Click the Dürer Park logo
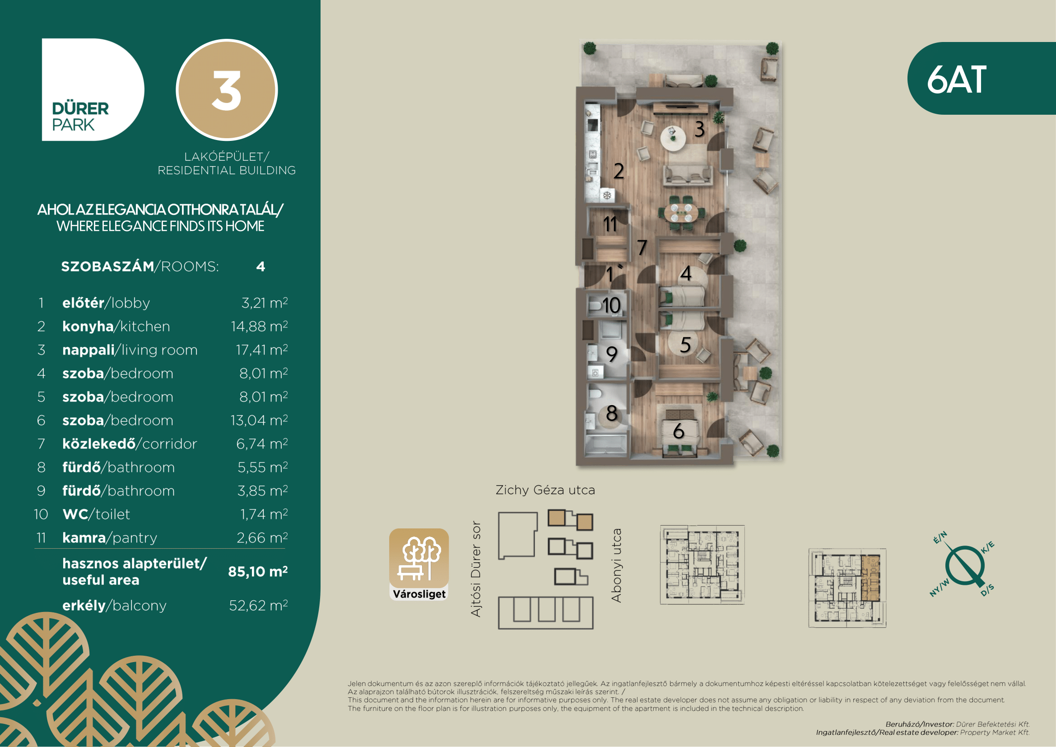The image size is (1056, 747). pos(93,90)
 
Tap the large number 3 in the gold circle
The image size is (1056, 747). pos(226,91)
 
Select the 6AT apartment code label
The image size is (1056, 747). pos(957,79)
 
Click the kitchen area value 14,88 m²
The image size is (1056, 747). pos(260,326)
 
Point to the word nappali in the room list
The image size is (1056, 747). pos(88,350)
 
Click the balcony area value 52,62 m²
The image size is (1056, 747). pos(259,605)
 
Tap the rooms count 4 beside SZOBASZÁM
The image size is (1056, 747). pos(261,267)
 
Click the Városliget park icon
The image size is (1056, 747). pos(419,564)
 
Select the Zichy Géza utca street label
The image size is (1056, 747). pos(545,490)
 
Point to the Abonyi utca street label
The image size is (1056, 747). pos(616,565)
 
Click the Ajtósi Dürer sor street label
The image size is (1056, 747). pos(476,569)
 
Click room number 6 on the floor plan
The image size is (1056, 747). pos(679,431)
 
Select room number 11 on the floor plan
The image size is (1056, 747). pos(610,224)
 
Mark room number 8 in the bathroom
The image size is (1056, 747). pos(612,413)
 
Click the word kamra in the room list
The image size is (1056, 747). pos(84,538)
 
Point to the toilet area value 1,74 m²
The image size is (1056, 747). pos(264,514)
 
